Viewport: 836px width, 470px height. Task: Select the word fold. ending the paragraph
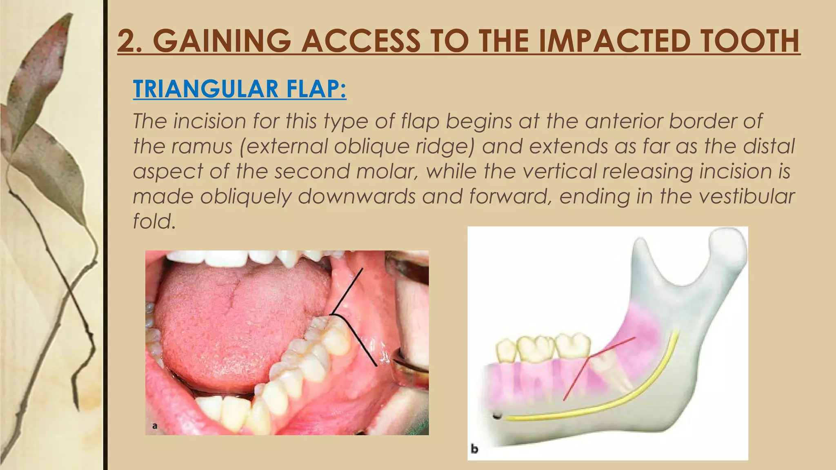154,222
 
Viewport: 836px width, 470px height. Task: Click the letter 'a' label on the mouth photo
155,426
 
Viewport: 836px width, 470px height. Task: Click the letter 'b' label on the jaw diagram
474,449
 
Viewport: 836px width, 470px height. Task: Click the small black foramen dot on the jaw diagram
497,417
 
